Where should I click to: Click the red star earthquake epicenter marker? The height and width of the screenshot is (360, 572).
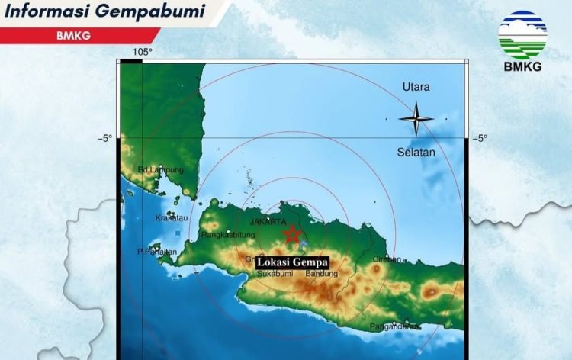pyautogui.click(x=292, y=235)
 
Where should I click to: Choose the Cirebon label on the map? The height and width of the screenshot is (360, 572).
pyautogui.click(x=387, y=259)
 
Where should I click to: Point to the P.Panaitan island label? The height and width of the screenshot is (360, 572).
pyautogui.click(x=157, y=252)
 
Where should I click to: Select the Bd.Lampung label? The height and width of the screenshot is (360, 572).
pyautogui.click(x=161, y=169)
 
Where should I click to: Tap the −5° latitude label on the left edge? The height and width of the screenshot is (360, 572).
pyautogui.click(x=104, y=138)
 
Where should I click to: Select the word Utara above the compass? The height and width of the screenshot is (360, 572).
pyautogui.click(x=416, y=87)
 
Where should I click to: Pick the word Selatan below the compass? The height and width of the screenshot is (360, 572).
pyautogui.click(x=416, y=152)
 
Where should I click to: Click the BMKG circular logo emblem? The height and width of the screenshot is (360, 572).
pyautogui.click(x=522, y=35)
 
